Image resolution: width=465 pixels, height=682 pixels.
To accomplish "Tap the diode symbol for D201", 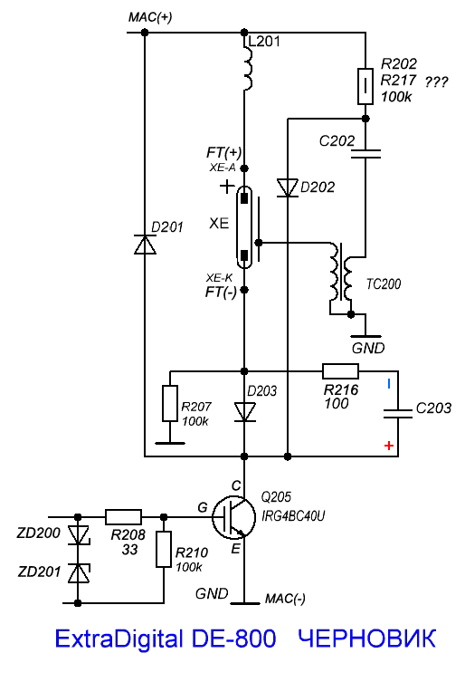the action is (145, 245).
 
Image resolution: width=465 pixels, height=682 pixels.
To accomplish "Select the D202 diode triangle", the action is (288, 187).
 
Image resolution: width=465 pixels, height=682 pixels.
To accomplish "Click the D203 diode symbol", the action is (244, 412).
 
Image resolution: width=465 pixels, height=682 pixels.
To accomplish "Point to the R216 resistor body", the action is (341, 371).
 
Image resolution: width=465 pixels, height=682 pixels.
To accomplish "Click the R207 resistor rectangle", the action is (170, 403).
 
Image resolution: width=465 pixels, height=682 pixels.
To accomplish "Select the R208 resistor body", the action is (123, 517).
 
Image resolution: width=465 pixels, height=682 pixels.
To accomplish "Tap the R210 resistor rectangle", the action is (164, 549).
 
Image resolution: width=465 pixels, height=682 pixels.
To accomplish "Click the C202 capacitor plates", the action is (365, 154).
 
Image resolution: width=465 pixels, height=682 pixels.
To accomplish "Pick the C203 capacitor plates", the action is (398, 414).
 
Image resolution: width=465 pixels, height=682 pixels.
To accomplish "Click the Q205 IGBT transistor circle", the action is (233, 517).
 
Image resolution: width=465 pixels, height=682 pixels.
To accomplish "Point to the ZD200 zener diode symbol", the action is (78, 535).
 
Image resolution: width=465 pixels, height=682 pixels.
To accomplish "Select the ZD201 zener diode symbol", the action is (78, 572).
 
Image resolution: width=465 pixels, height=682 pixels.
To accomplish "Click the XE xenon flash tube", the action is (244, 227).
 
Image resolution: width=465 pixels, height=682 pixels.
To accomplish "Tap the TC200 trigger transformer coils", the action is (342, 278).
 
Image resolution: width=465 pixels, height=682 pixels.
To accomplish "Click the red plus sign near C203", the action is (389, 446).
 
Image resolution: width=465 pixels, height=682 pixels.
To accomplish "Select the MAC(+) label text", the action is (150, 17).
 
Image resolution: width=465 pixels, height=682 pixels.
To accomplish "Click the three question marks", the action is (436, 82).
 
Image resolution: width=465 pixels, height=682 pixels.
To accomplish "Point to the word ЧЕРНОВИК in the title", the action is (367, 639).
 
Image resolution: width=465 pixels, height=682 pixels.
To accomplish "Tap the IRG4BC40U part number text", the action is (293, 516).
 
